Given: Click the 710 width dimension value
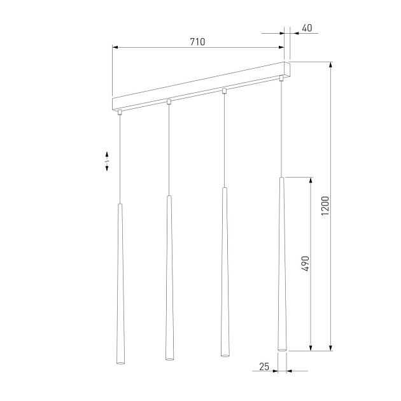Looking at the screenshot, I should click(197, 41).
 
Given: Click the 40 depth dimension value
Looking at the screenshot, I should click(307, 28).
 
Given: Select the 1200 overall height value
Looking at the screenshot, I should click(325, 206).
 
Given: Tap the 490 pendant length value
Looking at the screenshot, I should click(305, 264).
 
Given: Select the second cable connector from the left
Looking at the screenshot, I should click(169, 101).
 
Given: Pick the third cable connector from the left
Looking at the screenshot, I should click(224, 90).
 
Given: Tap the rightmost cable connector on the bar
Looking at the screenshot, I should click(280, 78).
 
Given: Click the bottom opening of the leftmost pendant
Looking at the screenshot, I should click(119, 362).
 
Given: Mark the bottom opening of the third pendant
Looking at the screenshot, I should click(224, 354).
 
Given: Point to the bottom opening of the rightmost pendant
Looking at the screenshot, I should click(281, 349).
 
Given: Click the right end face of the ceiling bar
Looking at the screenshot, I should click(287, 69).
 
